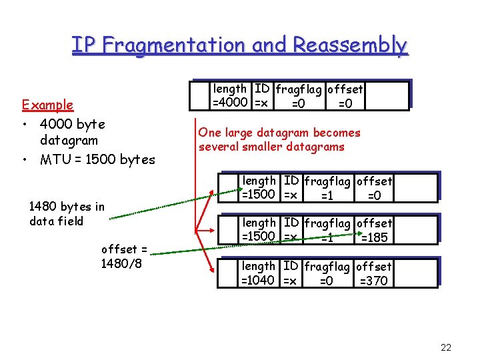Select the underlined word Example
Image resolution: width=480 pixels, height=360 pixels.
(x=47, y=105)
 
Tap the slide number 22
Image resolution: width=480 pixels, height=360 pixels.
(x=446, y=347)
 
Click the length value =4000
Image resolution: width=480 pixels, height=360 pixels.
(x=231, y=103)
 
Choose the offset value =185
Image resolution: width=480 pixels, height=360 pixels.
(x=373, y=237)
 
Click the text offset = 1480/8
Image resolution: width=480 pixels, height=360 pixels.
(x=124, y=256)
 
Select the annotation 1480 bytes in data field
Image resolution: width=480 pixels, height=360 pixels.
(x=67, y=213)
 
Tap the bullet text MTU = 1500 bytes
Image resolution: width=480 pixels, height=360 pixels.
(x=97, y=159)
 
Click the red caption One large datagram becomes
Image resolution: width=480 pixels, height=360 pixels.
(x=279, y=133)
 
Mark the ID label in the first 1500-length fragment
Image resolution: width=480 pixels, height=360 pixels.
(x=291, y=181)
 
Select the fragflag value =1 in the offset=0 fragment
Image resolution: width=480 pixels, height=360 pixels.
(x=326, y=195)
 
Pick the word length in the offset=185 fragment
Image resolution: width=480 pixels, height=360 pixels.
(x=259, y=223)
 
